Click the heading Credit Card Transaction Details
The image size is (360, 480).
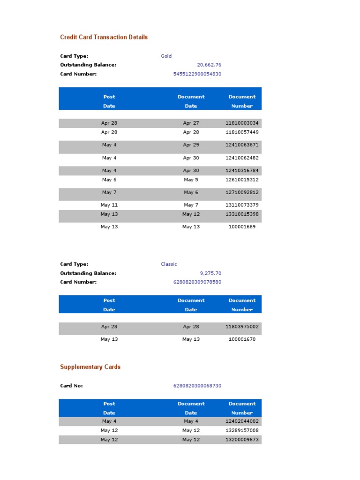[104, 37]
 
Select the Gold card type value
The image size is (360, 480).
[166, 56]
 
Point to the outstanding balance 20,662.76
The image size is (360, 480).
[209, 65]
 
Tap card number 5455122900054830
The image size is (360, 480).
[197, 74]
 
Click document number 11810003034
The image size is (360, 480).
[242, 123]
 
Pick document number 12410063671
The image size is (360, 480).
[242, 145]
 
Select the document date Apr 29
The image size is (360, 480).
[191, 145]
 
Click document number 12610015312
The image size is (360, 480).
[242, 180]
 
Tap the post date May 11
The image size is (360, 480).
[109, 205]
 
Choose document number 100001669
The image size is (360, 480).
[242, 227]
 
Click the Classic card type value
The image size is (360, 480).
[169, 264]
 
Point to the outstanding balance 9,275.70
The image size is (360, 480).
[210, 273]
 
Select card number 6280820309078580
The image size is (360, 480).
[197, 282]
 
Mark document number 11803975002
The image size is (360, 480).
[242, 326]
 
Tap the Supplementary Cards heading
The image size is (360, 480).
[90, 367]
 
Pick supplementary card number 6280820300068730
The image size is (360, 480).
[197, 386]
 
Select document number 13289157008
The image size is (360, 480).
[242, 430]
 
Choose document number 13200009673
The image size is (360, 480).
[242, 440]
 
